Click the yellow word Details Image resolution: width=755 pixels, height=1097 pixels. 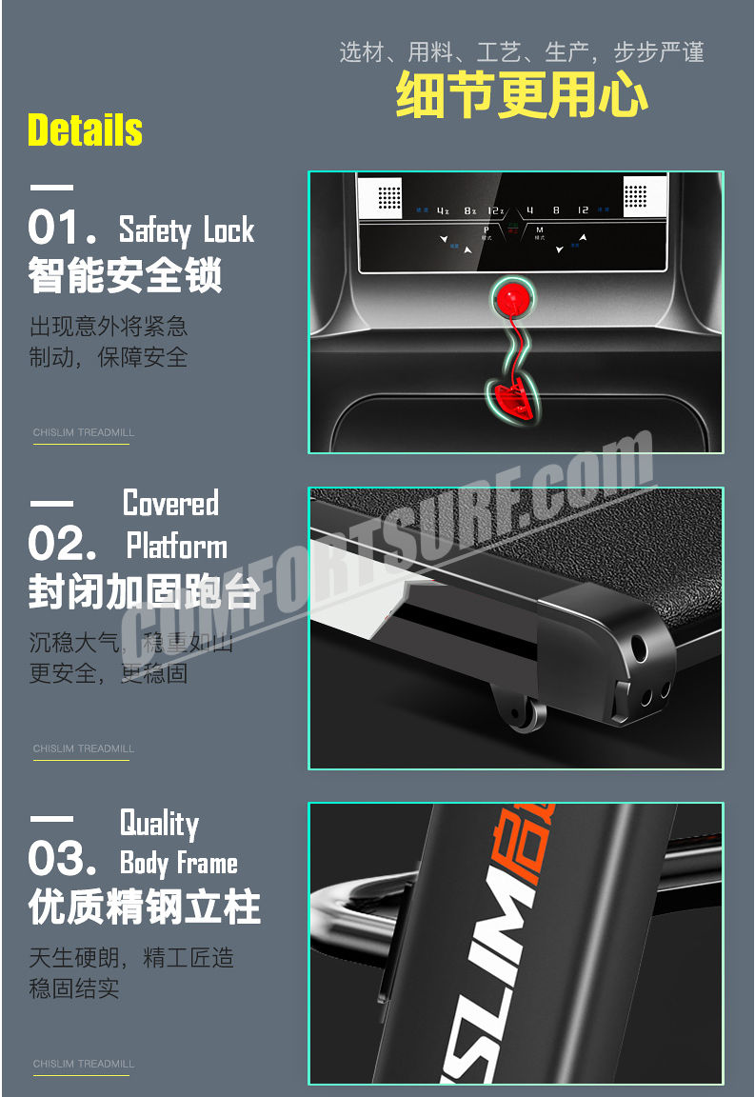click(x=85, y=130)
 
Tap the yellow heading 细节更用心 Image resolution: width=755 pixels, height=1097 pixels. click(x=522, y=96)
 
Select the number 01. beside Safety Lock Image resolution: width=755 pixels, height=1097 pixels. click(x=63, y=229)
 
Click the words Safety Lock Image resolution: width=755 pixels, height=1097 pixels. click(x=187, y=230)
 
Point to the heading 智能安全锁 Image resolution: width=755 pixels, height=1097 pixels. click(x=125, y=276)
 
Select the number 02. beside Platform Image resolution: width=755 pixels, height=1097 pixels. click(x=63, y=545)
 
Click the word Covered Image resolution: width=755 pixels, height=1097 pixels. click(x=171, y=503)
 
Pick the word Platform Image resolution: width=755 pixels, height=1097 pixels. click(x=177, y=547)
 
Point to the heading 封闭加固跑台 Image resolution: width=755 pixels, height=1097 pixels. click(x=144, y=591)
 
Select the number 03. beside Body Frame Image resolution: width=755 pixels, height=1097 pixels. click(x=63, y=860)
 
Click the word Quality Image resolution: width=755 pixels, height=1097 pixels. click(x=159, y=823)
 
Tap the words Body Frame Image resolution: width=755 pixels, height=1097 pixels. click(x=179, y=863)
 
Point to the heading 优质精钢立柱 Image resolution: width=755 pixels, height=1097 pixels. click(x=144, y=908)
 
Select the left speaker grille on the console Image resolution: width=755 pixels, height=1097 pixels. click(x=389, y=197)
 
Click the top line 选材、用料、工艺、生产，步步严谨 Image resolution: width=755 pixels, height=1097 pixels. click(x=522, y=52)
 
